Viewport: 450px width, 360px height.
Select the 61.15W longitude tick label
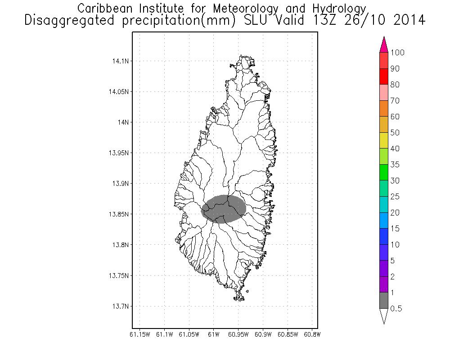[x=139, y=334]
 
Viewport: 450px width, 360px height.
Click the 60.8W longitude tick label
[x=312, y=334]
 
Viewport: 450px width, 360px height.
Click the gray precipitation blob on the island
[x=223, y=209]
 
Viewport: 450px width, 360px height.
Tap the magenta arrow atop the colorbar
[x=384, y=45]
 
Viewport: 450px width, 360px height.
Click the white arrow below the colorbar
[x=384, y=316]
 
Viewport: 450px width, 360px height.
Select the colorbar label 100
[x=398, y=53]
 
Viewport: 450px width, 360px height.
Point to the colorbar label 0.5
[x=396, y=309]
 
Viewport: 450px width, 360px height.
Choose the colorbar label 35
[x=395, y=165]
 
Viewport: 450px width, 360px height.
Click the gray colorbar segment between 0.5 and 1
[x=384, y=301]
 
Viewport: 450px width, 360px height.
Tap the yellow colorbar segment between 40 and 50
[x=384, y=140]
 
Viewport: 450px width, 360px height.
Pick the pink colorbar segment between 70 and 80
[x=384, y=93]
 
